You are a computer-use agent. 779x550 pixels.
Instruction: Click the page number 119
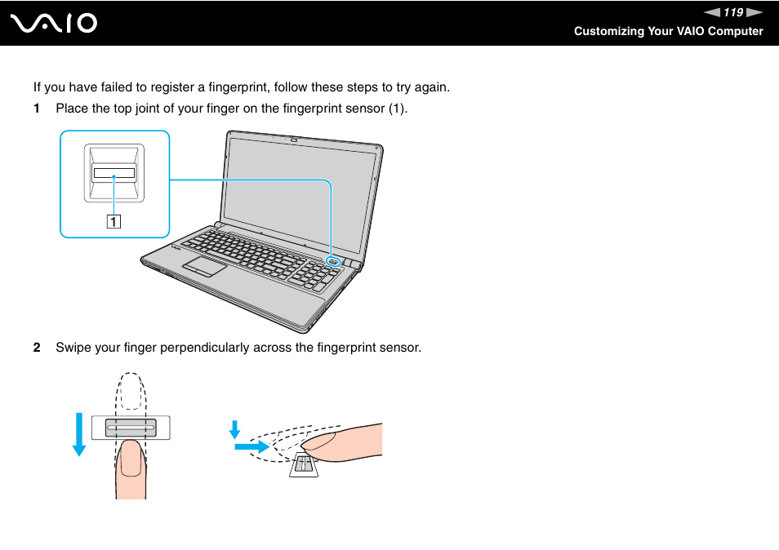click(x=732, y=12)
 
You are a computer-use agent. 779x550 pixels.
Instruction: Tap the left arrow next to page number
click(x=713, y=12)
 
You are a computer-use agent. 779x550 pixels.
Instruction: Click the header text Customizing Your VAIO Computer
click(x=668, y=31)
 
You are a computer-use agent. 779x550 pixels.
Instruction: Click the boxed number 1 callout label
click(x=114, y=220)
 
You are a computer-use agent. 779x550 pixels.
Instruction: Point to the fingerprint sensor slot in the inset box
click(x=114, y=173)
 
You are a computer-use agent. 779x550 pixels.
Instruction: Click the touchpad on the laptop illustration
click(x=204, y=266)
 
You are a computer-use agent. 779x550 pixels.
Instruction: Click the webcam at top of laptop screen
click(x=293, y=138)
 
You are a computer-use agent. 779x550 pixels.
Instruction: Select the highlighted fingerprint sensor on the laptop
click(x=333, y=262)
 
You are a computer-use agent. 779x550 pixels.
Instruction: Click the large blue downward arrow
click(x=78, y=433)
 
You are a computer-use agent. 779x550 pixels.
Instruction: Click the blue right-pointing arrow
click(x=252, y=447)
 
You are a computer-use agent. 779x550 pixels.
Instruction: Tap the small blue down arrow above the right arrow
click(x=234, y=429)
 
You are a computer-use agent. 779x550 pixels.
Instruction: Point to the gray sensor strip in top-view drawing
click(x=131, y=427)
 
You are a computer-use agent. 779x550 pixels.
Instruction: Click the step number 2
click(x=36, y=348)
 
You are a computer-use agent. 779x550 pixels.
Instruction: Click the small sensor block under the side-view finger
click(x=302, y=464)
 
